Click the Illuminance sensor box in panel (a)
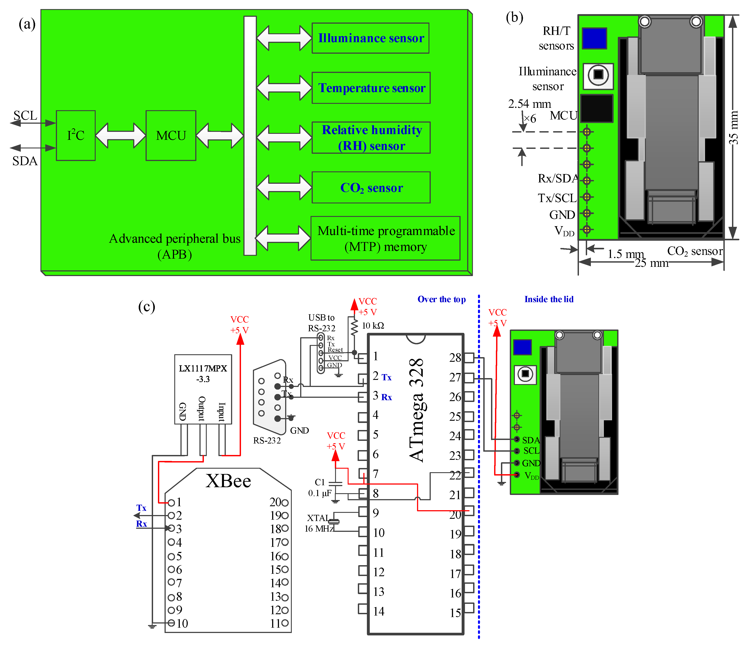pos(370,38)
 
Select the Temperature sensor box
pos(371,88)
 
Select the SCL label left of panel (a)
pos(25,115)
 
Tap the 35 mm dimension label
pos(734,128)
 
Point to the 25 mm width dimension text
pos(651,263)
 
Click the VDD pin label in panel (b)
pos(564,231)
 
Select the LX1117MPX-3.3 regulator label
pos(203,373)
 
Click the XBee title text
pos(228,481)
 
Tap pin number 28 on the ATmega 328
pos(455,358)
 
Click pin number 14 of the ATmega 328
pos(379,611)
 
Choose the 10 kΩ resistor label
pos(373,326)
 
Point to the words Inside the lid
pos(549,299)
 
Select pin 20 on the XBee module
pos(278,502)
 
